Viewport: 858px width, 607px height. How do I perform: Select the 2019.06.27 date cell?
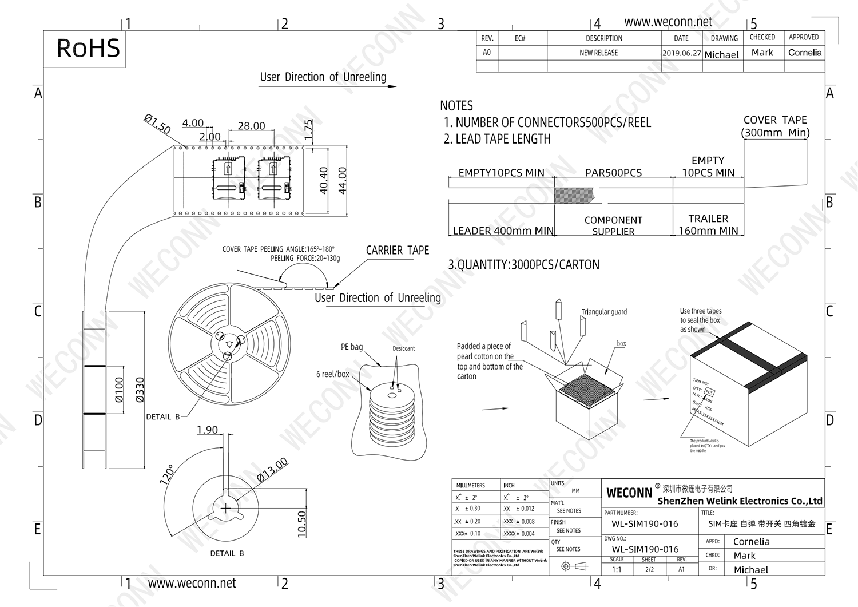(681, 53)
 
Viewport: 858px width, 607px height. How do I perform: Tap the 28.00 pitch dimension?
(251, 126)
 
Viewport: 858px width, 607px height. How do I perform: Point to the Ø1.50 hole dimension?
(157, 124)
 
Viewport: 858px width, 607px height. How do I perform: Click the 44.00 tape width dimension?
(343, 180)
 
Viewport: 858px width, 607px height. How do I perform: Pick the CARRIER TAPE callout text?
(397, 251)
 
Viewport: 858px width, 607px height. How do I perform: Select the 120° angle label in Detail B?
(166, 474)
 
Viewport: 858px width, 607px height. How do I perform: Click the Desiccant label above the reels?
(403, 348)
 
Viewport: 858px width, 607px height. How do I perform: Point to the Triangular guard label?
(604, 312)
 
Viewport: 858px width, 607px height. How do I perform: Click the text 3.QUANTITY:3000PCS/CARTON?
(523, 265)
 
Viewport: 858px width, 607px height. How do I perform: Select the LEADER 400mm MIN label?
(503, 231)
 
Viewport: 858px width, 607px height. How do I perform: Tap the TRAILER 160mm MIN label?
(708, 225)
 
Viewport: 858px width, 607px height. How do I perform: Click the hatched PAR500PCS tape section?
(574, 195)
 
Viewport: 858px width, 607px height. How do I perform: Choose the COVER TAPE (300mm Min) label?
(775, 126)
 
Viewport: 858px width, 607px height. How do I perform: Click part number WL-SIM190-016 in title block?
(645, 523)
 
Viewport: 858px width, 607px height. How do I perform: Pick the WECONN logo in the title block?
(629, 493)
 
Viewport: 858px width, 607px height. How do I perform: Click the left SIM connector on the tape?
(229, 178)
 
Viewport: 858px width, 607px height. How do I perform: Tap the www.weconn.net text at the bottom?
(192, 584)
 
